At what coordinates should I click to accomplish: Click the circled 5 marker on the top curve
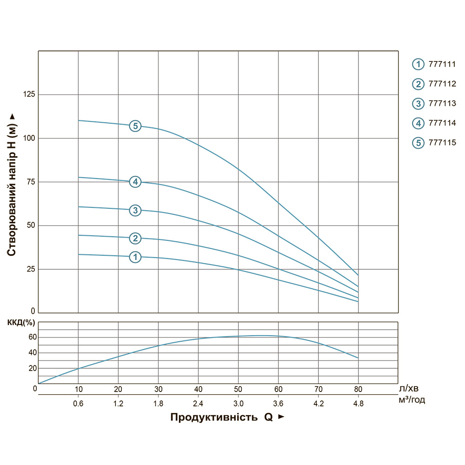(x=135, y=126)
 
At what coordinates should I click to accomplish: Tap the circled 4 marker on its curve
(x=135, y=182)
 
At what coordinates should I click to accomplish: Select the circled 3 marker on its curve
(x=135, y=210)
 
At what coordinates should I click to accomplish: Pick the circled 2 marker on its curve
(x=135, y=239)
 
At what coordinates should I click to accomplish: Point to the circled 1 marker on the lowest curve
(x=135, y=257)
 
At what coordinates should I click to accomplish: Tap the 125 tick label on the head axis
(x=29, y=94)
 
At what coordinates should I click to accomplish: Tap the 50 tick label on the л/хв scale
(x=238, y=389)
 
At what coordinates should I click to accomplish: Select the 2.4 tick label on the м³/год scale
(x=198, y=404)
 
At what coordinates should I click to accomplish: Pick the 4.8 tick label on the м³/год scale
(x=358, y=404)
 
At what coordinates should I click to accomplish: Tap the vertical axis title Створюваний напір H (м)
(x=13, y=185)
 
